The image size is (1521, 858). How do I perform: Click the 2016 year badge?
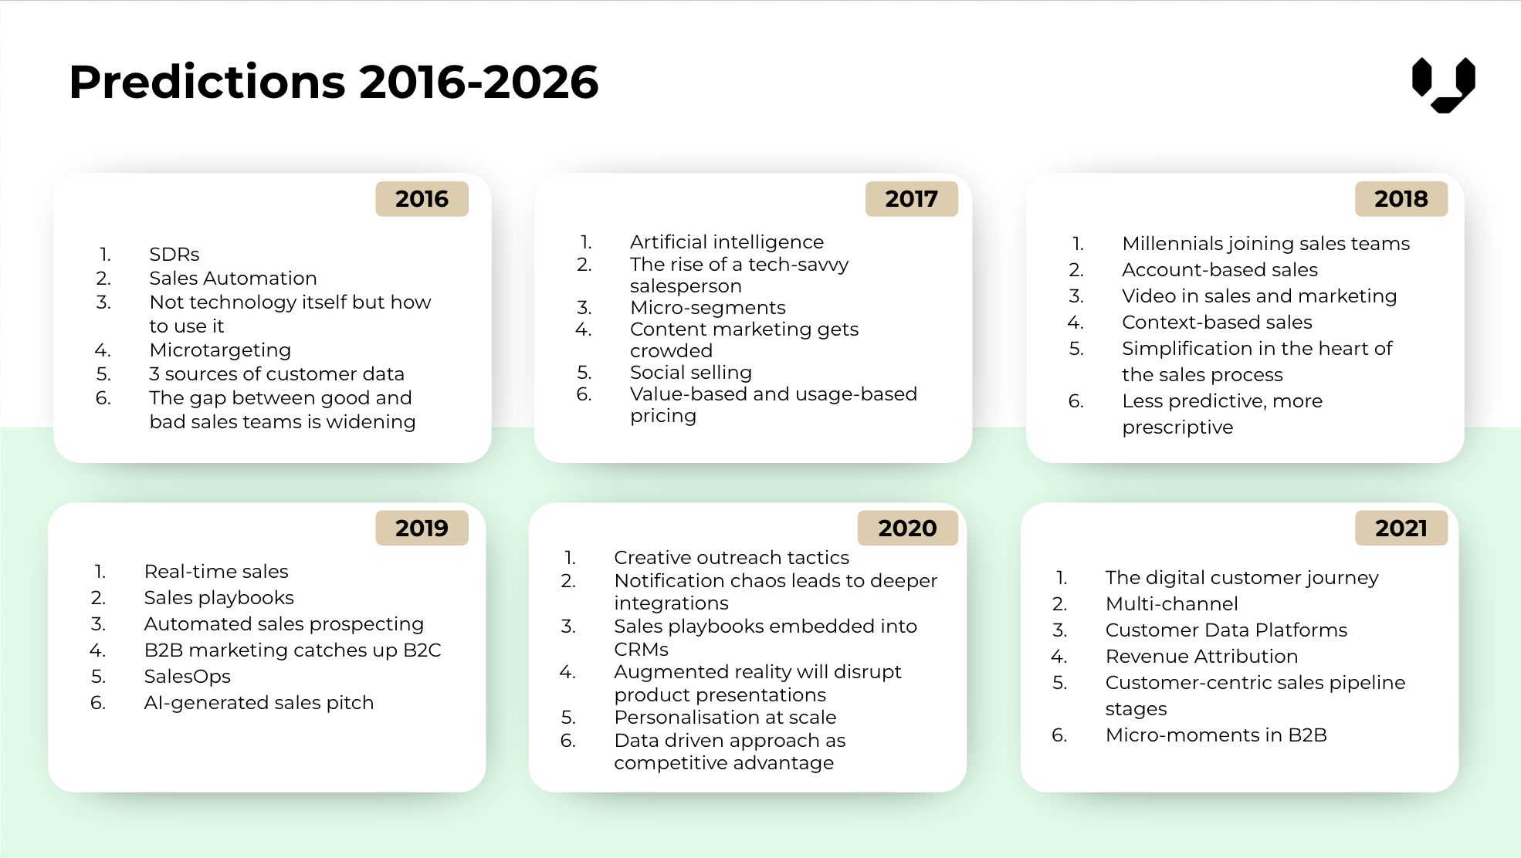422,199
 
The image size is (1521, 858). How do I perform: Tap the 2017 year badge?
911,199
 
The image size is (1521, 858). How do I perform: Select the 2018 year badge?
1401,199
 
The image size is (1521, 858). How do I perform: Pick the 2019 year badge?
422,529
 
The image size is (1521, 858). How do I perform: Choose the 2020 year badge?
907,529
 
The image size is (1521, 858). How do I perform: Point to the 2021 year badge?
1401,529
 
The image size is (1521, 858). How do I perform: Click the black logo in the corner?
1443,84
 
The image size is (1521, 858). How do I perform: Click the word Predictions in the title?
207,82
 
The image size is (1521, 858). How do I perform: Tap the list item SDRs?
174,255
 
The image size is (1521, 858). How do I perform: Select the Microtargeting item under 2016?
220,350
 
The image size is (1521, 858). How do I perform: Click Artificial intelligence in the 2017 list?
727,242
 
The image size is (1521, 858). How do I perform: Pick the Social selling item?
690,373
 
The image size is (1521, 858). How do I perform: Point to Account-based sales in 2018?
1219,270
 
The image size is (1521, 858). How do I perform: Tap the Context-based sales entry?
1217,323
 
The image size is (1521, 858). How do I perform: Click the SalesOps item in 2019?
187,677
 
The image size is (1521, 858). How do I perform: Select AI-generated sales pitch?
259,703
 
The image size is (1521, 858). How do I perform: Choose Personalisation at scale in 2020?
725,718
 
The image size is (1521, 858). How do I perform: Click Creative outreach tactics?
731,558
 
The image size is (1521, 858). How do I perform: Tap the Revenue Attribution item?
1201,657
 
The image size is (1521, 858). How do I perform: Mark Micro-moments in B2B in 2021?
1216,735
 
